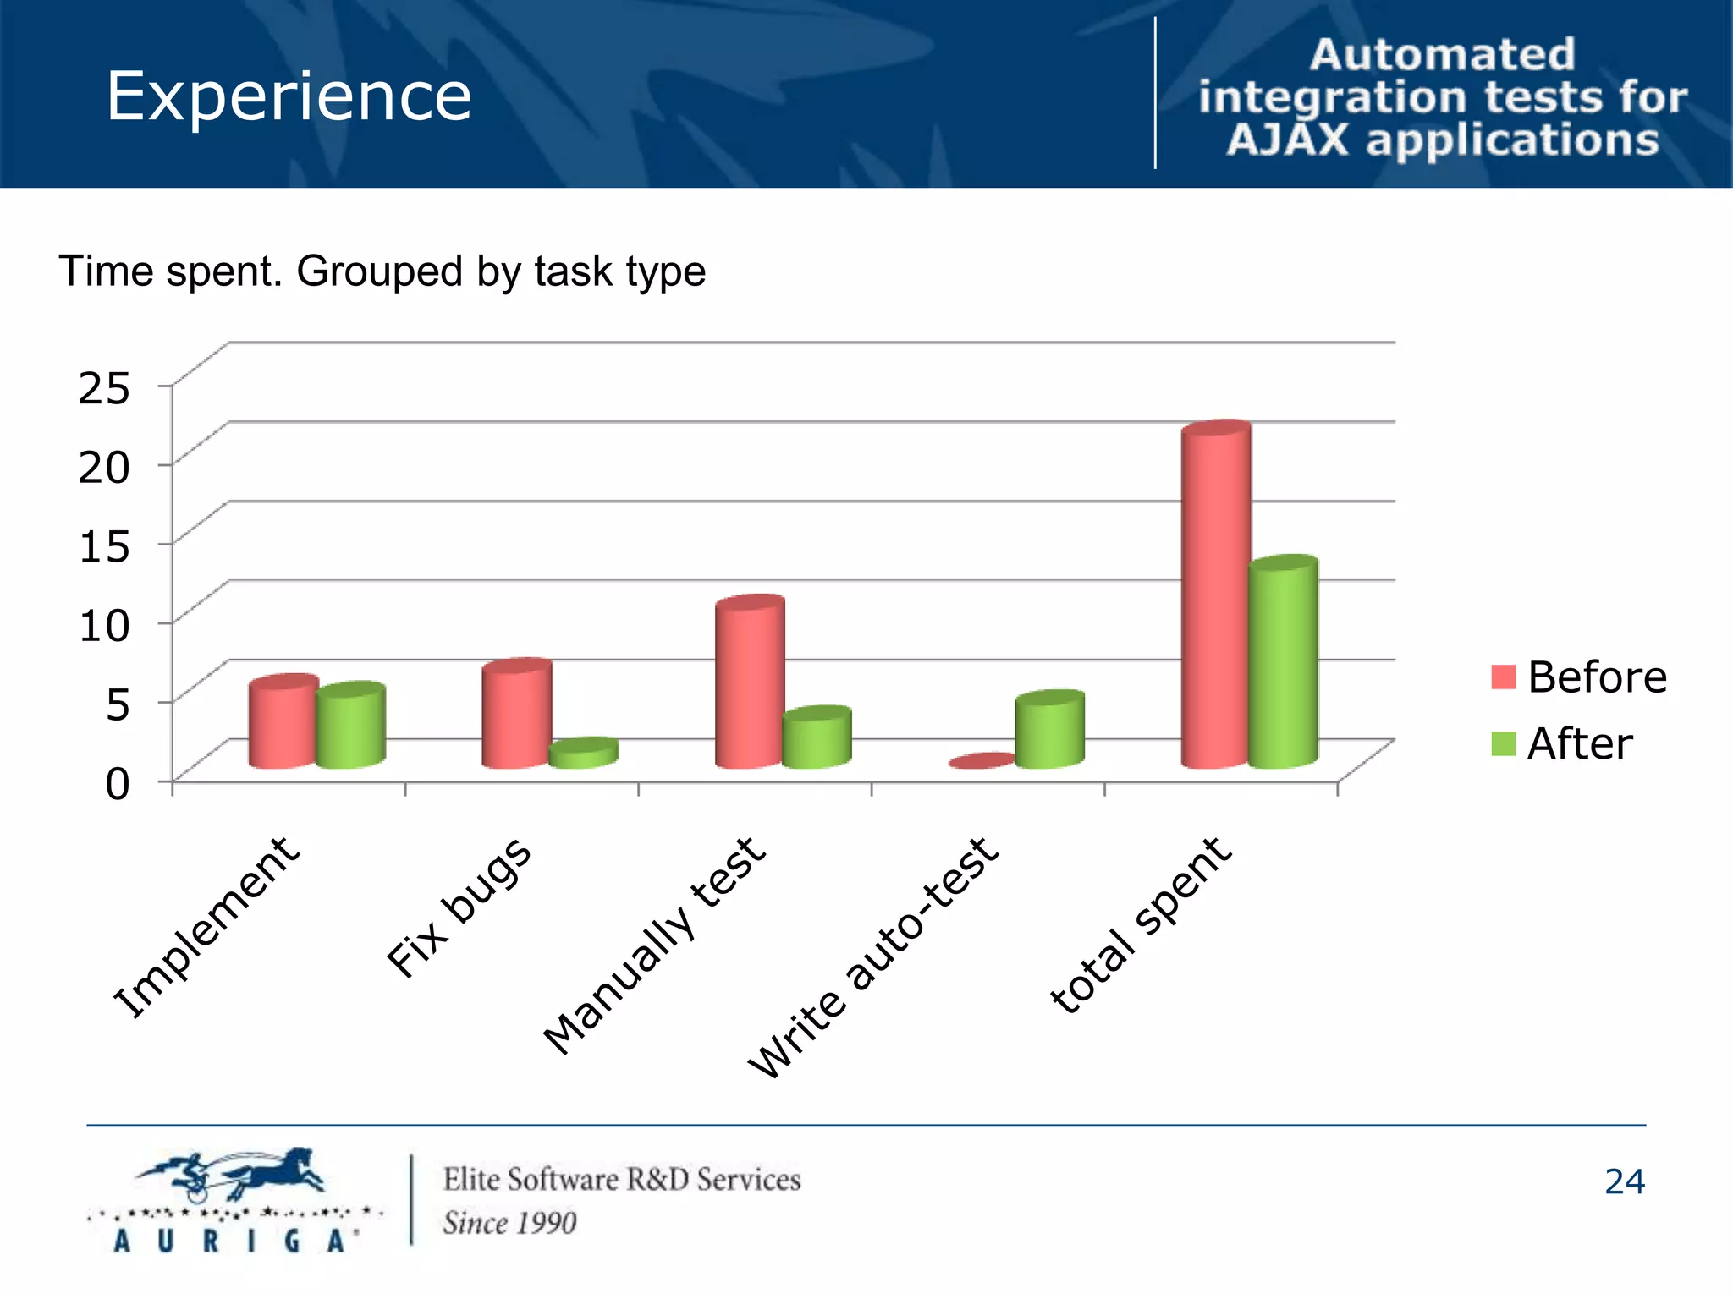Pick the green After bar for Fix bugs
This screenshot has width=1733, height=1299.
pyautogui.click(x=583, y=754)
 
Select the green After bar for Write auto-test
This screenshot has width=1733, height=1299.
pyautogui.click(x=1049, y=731)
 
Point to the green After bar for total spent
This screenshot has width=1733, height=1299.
pyautogui.click(x=1283, y=664)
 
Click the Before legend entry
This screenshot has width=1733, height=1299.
pyautogui.click(x=1579, y=677)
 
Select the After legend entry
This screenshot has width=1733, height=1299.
pyautogui.click(x=1562, y=744)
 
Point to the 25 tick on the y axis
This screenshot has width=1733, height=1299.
pyautogui.click(x=104, y=388)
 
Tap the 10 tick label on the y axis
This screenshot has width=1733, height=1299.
pyautogui.click(x=104, y=626)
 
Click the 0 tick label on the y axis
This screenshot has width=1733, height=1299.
pyautogui.click(x=117, y=784)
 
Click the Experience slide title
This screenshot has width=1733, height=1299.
pyautogui.click(x=289, y=96)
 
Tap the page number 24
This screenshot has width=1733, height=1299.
pyautogui.click(x=1624, y=1182)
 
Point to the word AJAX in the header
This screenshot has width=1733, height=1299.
pyautogui.click(x=1287, y=140)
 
